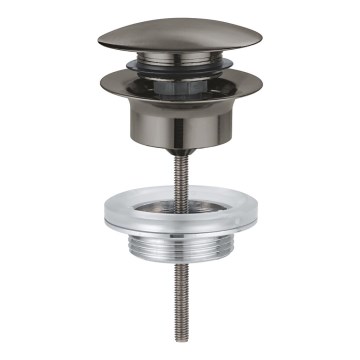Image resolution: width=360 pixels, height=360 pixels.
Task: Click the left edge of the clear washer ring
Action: pyautogui.click(x=105, y=213)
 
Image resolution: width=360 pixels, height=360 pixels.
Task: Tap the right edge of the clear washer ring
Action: pyautogui.click(x=257, y=213)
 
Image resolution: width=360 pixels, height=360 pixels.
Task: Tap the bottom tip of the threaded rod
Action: pyautogui.click(x=181, y=343)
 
